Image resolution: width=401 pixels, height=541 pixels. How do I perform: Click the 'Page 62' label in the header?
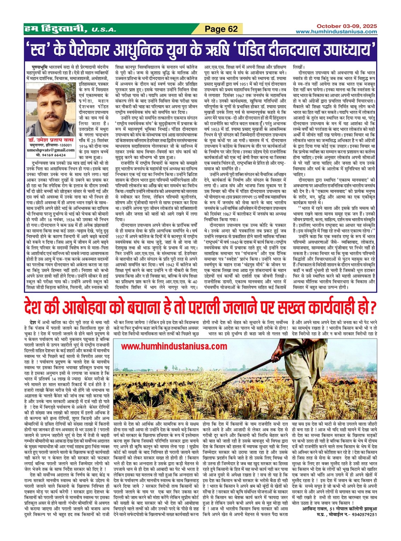221,29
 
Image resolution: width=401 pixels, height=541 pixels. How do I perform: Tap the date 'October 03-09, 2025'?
347,26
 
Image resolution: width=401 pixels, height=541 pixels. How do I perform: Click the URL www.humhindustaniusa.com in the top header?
336,32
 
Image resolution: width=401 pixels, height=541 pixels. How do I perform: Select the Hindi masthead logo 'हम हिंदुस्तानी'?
56,29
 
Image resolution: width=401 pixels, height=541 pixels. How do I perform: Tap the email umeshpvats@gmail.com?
51,150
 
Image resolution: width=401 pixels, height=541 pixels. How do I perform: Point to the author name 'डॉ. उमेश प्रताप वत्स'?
51,140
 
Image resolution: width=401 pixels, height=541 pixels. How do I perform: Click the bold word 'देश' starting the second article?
34,323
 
